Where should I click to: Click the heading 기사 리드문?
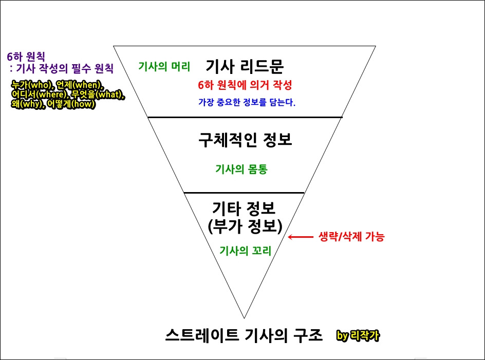[245, 66]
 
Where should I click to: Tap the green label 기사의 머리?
[164, 66]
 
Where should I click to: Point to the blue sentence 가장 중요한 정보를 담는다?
[247, 102]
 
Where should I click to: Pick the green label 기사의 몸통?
[241, 169]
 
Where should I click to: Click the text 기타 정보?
[244, 209]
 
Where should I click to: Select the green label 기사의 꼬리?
[245, 250]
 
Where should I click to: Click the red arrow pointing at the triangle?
[300, 237]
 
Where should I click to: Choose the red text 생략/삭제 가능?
[352, 237]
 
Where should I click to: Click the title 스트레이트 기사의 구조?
[244, 336]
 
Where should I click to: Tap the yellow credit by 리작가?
[359, 336]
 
